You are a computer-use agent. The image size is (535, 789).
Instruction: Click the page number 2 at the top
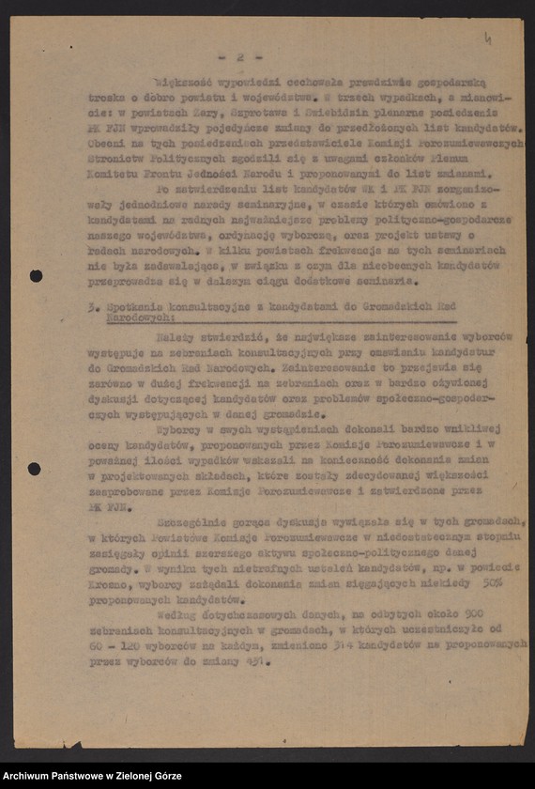point(240,57)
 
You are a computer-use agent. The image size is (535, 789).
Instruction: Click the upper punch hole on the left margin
point(36,276)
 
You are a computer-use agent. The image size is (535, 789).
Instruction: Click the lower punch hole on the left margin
point(35,469)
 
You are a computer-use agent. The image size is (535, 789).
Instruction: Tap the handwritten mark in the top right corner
point(487,39)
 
